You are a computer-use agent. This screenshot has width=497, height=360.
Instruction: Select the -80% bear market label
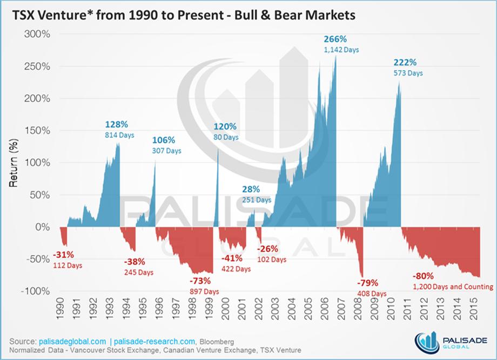[x=424, y=276]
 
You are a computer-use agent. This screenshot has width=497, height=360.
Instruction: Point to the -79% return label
[x=368, y=283]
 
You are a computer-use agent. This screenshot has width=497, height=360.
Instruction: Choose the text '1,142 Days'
[x=341, y=50]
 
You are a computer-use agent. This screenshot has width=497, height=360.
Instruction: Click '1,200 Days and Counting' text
[x=453, y=287]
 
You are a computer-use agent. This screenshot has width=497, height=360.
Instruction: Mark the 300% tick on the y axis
[x=37, y=35]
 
